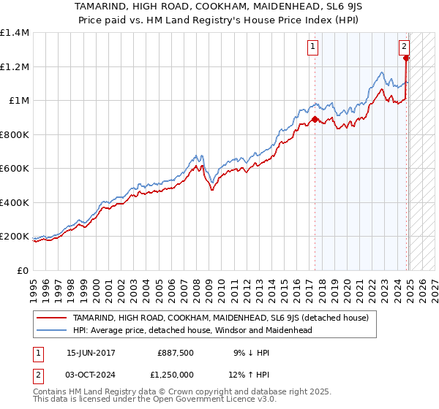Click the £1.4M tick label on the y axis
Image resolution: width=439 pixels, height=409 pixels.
click(x=15, y=33)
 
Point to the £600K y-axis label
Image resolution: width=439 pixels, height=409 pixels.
click(x=15, y=169)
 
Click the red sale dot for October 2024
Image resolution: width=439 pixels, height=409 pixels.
click(x=406, y=58)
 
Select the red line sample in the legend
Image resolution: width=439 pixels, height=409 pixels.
click(x=52, y=318)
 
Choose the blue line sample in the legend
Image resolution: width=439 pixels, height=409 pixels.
click(x=52, y=330)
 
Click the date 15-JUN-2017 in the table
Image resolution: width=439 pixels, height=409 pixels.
click(x=91, y=352)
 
